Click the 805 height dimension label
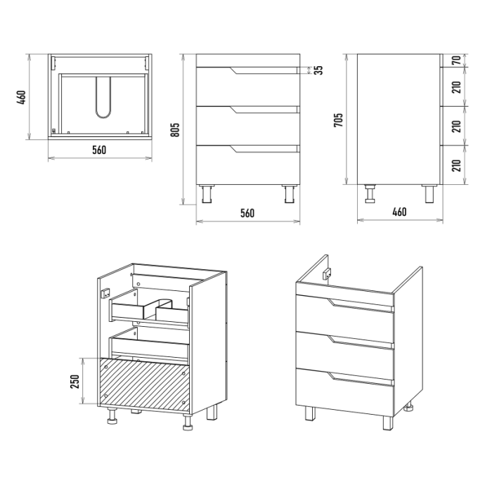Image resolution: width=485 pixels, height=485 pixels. [x=175, y=130]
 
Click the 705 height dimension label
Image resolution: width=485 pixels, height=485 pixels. [x=338, y=120]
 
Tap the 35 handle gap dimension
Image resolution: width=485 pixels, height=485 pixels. [x=318, y=70]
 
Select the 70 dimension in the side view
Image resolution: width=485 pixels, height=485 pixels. [x=457, y=60]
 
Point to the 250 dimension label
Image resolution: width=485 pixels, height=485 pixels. [x=75, y=381]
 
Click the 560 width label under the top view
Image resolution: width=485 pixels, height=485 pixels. [x=99, y=150]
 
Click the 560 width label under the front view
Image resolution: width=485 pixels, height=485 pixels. [x=247, y=213]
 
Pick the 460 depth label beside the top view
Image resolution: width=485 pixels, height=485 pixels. [x=21, y=98]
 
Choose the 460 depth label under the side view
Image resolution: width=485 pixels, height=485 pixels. [x=399, y=212]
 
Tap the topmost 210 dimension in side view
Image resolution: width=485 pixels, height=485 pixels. [x=457, y=87]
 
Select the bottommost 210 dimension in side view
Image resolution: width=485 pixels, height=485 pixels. [x=457, y=165]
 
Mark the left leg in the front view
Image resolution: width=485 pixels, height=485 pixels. [x=207, y=194]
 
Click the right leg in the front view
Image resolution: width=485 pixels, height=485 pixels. [x=290, y=194]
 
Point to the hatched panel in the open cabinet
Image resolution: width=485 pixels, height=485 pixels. [x=145, y=385]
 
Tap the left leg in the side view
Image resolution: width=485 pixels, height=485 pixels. [x=370, y=194]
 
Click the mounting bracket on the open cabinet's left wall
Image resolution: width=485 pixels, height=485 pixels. [x=105, y=293]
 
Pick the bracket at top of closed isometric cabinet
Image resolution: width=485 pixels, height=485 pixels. [x=327, y=273]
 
